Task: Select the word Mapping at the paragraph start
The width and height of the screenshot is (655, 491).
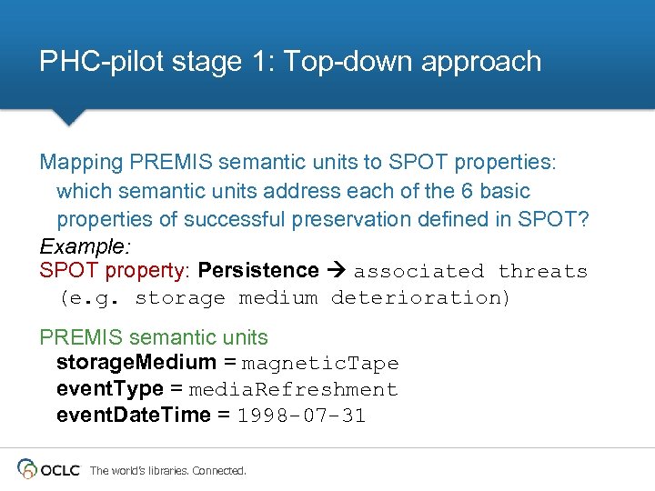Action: (x=82, y=163)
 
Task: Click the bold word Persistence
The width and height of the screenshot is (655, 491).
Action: (x=258, y=271)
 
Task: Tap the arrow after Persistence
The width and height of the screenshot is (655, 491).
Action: (x=336, y=271)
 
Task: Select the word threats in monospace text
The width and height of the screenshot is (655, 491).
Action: (x=543, y=272)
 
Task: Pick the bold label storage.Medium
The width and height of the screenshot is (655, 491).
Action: (x=136, y=363)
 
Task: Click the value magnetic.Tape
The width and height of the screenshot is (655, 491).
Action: (x=320, y=364)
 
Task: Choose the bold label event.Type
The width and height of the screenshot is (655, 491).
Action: (x=110, y=389)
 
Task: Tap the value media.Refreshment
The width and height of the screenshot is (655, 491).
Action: (x=293, y=390)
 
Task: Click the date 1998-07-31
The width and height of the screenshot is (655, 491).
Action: (x=300, y=416)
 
